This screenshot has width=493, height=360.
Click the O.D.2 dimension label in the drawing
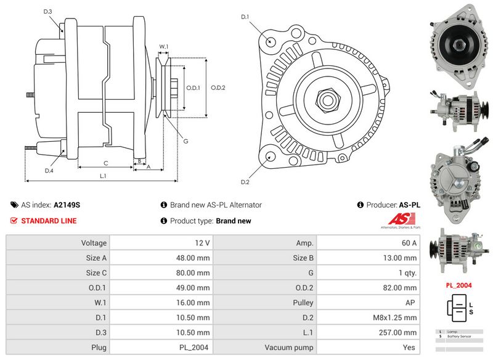pyautogui.click(x=218, y=88)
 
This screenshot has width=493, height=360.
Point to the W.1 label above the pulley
pyautogui.click(x=164, y=47)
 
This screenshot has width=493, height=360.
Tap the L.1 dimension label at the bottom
pyautogui.click(x=104, y=176)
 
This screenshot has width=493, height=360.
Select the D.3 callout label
pyautogui.click(x=48, y=12)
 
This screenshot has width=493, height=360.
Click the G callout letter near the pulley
pyautogui.click(x=185, y=142)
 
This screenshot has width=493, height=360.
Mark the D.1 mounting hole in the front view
pyautogui.click(x=272, y=41)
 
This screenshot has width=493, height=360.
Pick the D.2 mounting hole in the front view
pyautogui.click(x=270, y=157)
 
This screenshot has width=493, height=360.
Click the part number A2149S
pyautogui.click(x=67, y=205)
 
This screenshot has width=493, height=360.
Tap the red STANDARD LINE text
pyautogui.click(x=49, y=221)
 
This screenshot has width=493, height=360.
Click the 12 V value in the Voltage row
pyautogui.click(x=161, y=243)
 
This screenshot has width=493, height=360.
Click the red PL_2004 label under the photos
pyautogui.click(x=459, y=285)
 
